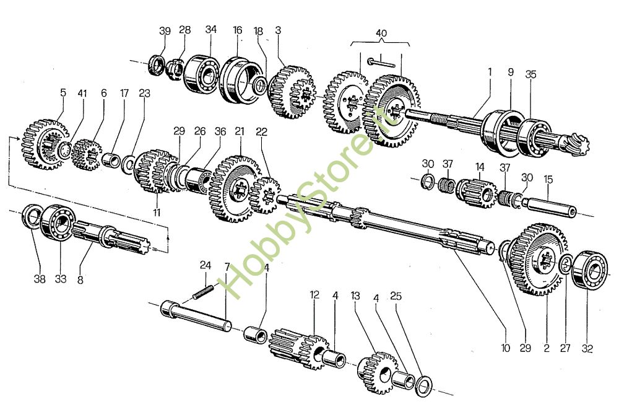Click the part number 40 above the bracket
tap(381, 33)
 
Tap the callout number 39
tap(165, 30)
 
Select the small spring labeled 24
tap(203, 292)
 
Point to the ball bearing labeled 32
tap(589, 270)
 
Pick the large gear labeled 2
tap(537, 259)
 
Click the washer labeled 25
tap(423, 384)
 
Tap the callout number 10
tap(506, 348)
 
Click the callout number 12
tap(314, 295)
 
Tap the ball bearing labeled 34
tap(202, 74)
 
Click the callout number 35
tap(531, 74)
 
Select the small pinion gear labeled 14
tap(477, 193)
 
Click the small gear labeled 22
tap(265, 195)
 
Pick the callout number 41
tap(82, 93)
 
